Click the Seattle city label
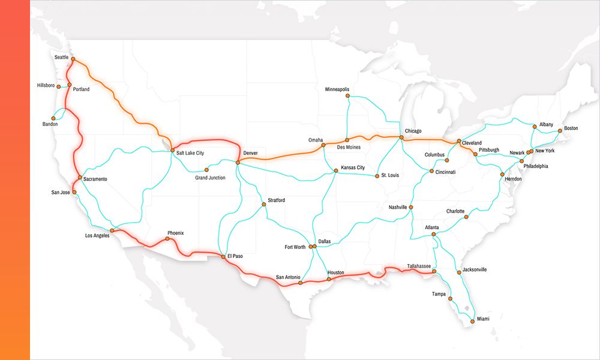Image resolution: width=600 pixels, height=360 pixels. coord(61,57)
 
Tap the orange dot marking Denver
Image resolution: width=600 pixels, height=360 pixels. coord(238,162)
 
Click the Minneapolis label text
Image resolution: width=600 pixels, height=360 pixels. coord(337,89)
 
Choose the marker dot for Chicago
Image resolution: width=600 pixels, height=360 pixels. coord(401,137)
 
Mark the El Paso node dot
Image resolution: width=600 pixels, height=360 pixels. coord(223,257)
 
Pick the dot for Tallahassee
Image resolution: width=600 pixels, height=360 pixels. coord(434,272)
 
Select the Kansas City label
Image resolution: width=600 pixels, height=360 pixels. coord(353,167)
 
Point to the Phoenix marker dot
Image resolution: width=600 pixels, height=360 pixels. coord(167,239)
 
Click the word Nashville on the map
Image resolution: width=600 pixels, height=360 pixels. coord(398,208)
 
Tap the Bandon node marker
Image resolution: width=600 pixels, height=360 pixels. coord(55,118)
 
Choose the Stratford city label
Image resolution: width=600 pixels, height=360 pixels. coord(277,200)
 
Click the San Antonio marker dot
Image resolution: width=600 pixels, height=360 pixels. coord(300,283)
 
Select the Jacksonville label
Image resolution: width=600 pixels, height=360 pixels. coord(475,270)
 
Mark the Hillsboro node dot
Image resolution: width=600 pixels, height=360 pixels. coord(58,86)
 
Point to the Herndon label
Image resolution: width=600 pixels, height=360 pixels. coord(512,179)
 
